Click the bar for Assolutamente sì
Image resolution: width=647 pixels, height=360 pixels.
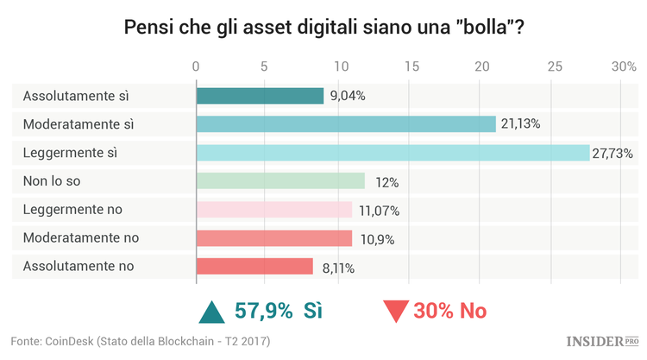click(260, 96)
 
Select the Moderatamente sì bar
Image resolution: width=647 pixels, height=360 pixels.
click(346, 124)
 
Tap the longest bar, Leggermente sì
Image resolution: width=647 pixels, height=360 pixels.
click(393, 153)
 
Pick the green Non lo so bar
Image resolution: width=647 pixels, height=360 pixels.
click(280, 181)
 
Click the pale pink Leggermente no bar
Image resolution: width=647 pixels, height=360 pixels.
click(274, 210)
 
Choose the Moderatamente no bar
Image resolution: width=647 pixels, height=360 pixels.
click(274, 238)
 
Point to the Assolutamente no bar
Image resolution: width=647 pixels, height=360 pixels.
click(254, 267)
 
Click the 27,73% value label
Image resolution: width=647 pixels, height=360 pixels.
click(612, 154)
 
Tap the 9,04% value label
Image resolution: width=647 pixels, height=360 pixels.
click(347, 96)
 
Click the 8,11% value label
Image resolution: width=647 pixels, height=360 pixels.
click(336, 268)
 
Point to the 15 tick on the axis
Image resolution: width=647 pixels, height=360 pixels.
click(411, 66)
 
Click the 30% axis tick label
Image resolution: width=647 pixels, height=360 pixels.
click(623, 66)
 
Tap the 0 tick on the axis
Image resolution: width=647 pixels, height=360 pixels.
click(197, 66)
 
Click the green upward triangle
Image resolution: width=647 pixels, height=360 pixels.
click(210, 312)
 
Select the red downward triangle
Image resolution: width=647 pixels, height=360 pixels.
click(396, 313)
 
